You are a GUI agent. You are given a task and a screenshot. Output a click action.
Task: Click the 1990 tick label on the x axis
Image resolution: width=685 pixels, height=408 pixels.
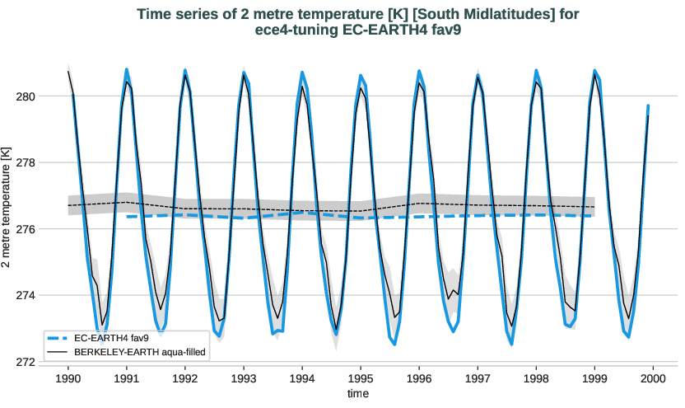(68, 378)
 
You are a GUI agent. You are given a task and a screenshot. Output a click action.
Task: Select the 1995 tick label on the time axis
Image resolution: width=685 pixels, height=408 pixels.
(361, 378)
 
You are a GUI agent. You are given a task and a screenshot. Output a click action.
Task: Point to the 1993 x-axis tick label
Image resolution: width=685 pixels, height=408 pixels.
(244, 378)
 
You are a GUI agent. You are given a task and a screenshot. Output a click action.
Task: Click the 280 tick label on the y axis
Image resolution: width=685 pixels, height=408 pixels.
(26, 96)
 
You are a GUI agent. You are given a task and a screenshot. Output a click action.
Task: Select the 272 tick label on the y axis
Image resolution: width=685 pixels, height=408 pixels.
(26, 362)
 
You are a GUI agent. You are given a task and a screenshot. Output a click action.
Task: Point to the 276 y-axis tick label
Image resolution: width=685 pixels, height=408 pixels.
(26, 229)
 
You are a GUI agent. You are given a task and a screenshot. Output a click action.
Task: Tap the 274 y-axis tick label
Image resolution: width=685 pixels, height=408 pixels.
(26, 295)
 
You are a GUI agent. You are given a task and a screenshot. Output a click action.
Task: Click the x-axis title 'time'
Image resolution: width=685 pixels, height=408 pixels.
(357, 394)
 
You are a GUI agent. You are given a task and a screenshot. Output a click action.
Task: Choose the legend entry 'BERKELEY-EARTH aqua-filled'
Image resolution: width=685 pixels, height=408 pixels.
(139, 352)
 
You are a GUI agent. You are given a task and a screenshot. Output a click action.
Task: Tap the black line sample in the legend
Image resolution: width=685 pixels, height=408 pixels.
(58, 352)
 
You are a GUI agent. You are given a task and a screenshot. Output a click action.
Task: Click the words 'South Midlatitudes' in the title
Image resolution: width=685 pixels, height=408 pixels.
(397, 14)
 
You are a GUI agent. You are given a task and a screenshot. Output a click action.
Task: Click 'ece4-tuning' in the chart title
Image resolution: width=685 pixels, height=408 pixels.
(296, 30)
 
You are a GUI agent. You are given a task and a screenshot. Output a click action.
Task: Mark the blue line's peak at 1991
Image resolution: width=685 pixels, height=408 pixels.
(127, 69)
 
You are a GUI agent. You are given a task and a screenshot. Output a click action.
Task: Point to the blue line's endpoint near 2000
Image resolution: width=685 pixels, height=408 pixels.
(648, 106)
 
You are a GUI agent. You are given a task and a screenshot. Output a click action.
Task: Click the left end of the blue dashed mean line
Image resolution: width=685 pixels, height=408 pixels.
(128, 217)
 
